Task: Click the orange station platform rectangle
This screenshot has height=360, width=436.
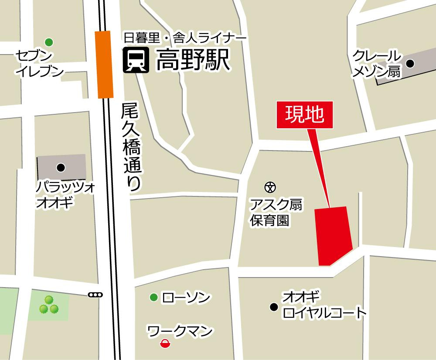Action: coord(105,65)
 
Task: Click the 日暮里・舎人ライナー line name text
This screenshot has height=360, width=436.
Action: coord(185,38)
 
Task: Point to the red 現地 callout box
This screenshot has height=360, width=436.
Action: coord(305,115)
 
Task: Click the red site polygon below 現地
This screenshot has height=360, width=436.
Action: coord(333,235)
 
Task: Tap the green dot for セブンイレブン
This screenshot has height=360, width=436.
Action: coord(49,42)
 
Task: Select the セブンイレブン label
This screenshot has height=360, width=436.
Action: coord(39,63)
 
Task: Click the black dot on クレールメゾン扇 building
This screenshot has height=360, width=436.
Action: coord(410,64)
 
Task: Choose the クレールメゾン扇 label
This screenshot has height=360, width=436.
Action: coord(377,64)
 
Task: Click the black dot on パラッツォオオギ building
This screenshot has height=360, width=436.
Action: coord(61,167)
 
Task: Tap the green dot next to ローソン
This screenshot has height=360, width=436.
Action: coord(153,298)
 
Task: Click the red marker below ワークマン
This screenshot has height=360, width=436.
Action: coord(165,345)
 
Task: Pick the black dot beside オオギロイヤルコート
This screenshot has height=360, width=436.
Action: coord(274,306)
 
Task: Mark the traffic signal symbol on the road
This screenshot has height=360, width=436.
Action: coord(95,295)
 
